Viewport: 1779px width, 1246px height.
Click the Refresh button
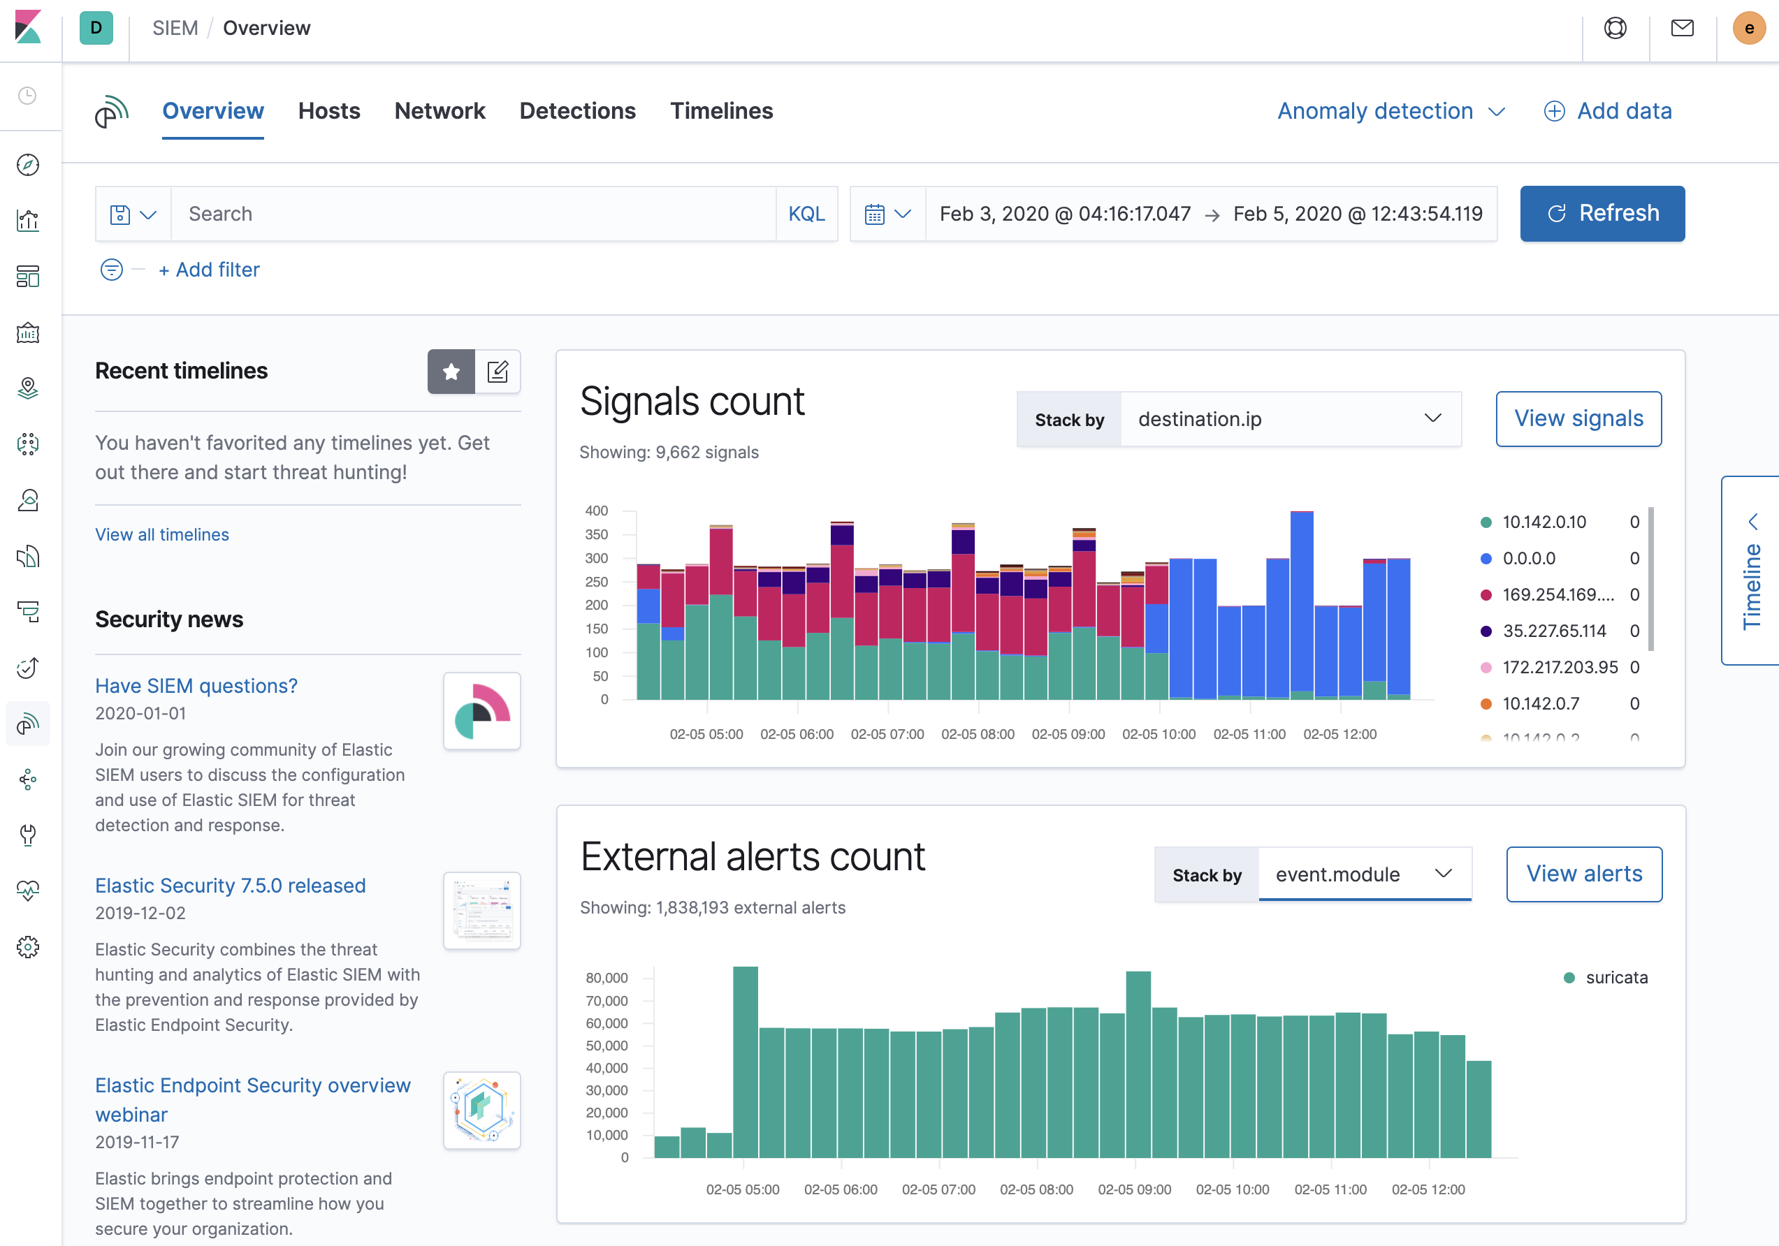(1602, 214)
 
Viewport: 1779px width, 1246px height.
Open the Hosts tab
(328, 111)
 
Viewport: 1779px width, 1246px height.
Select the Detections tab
(577, 111)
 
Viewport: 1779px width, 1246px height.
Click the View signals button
(1578, 419)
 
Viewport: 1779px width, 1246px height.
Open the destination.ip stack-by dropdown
(1289, 419)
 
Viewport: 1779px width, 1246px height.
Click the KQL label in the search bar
(806, 214)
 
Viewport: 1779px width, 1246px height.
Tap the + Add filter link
(209, 270)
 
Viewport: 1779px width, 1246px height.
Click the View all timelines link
(162, 534)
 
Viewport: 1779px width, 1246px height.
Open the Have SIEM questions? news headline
(196, 686)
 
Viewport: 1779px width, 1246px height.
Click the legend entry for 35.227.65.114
(1553, 631)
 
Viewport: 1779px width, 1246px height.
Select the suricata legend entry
(1615, 977)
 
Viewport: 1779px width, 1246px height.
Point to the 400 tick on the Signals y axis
(597, 511)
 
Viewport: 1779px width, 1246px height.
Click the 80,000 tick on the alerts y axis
(607, 978)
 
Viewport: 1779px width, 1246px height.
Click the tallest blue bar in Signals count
(1302, 604)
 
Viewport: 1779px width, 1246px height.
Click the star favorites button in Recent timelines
(451, 372)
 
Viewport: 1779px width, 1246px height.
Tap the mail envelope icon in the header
(1682, 29)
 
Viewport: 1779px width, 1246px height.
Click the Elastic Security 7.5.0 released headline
(230, 885)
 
